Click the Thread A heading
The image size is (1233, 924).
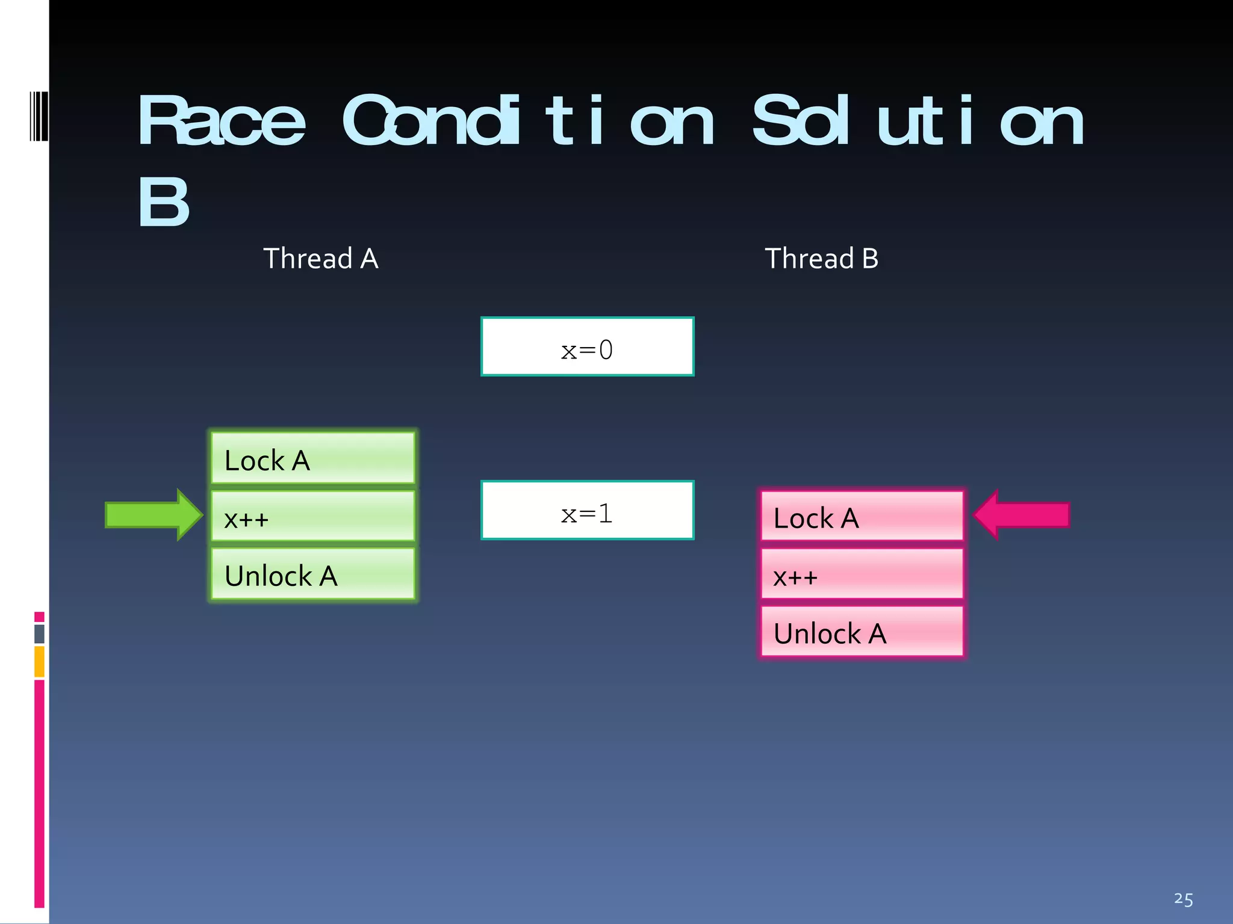pos(320,259)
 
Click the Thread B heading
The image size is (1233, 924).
pos(821,259)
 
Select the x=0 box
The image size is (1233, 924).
pos(587,347)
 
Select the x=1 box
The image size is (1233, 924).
pos(587,511)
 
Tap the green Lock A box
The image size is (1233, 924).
pos(313,458)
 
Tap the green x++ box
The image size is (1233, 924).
pos(313,516)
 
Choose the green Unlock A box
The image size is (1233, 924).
pos(313,574)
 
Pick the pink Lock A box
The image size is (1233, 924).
pos(862,516)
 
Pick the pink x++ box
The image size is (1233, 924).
pos(862,574)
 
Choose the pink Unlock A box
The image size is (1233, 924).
pos(862,632)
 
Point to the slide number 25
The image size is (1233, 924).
pos(1183,899)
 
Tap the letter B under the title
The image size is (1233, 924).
pos(163,202)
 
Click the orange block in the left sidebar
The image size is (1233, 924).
pos(39,661)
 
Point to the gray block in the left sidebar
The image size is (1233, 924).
pos(39,633)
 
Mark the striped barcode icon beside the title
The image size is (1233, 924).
pos(38,116)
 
